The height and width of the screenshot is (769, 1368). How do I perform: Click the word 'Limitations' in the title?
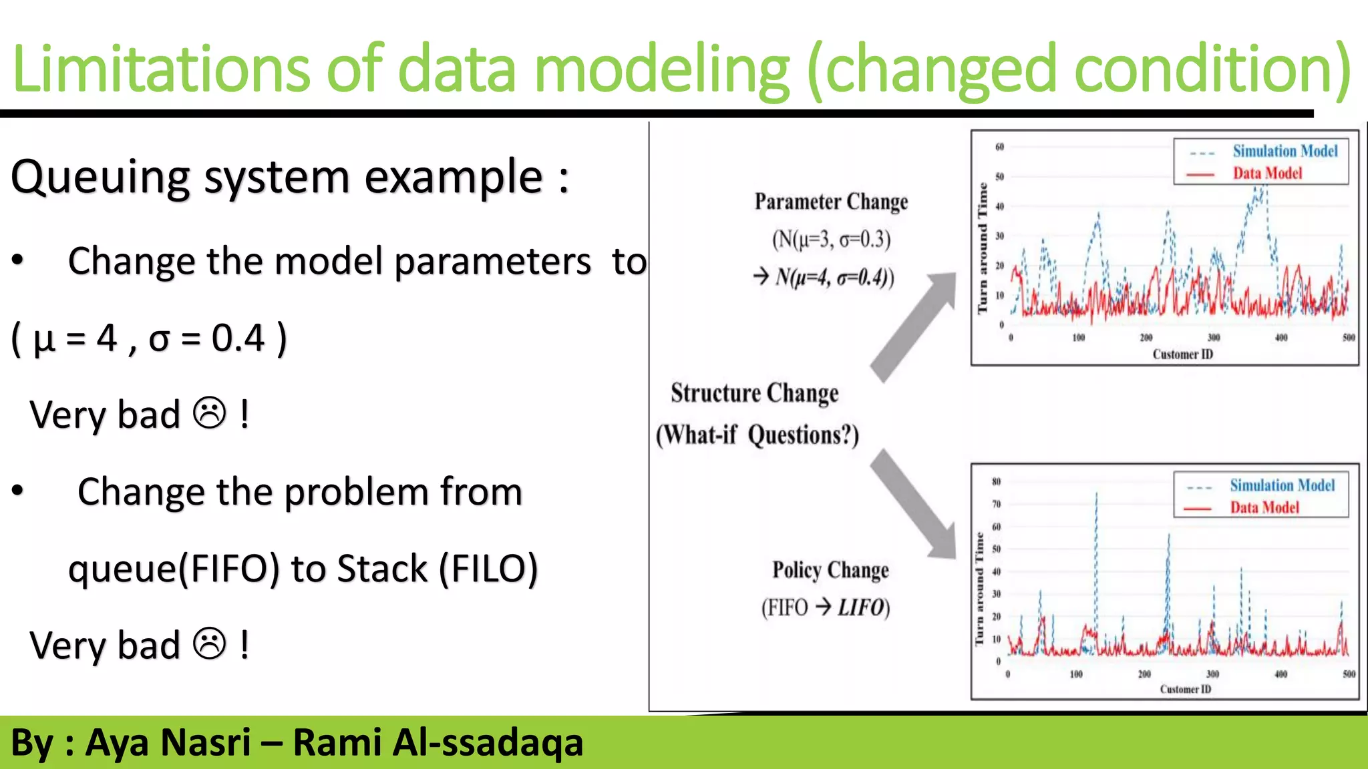coord(160,68)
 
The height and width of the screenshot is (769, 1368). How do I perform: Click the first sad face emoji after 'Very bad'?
coord(210,413)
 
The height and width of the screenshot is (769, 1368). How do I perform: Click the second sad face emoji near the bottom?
coord(210,644)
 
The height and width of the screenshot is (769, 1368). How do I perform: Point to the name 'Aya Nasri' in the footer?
coord(168,742)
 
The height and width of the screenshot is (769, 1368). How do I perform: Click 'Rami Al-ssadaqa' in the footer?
coord(438,742)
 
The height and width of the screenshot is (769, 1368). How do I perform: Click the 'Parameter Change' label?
coord(831,202)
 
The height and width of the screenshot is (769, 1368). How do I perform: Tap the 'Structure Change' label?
coord(754,393)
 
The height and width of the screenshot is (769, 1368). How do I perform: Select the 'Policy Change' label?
coord(830,570)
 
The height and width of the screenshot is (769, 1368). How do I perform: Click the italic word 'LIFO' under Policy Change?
coord(861,607)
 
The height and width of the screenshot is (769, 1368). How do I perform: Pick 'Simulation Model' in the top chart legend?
coord(1285,152)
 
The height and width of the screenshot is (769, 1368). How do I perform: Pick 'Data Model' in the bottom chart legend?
coord(1264,507)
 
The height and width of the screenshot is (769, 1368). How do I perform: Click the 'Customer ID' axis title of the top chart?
coord(1182,354)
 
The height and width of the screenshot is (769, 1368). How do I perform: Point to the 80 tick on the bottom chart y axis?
coord(996,481)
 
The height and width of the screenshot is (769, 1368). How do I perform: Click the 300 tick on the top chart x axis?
coord(1214,338)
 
